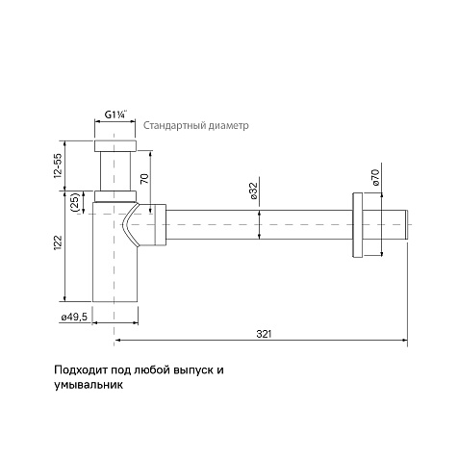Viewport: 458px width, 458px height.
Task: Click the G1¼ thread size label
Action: pos(116,114)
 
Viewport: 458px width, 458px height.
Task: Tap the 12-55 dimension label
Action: pos(58,165)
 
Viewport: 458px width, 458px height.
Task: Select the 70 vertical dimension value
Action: pos(145,178)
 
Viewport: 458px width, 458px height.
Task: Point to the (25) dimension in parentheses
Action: pos(75,202)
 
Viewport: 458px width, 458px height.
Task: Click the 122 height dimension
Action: pos(58,243)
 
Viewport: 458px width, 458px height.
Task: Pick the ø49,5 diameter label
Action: pos(74,318)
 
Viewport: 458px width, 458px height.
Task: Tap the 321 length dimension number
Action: pos(264,334)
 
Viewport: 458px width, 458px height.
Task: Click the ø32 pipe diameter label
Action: pos(253,191)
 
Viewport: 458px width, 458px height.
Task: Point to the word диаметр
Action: pos(228,125)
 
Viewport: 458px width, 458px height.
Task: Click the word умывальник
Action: pos(89,385)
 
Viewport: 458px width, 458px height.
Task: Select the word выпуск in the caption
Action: pos(193,370)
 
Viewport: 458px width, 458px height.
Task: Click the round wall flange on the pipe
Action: pos(358,225)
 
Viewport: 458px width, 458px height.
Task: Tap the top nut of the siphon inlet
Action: pos(115,145)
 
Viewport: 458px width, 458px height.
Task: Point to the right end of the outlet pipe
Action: pos(407,224)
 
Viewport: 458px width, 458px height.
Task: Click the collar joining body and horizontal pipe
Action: pos(161,224)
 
